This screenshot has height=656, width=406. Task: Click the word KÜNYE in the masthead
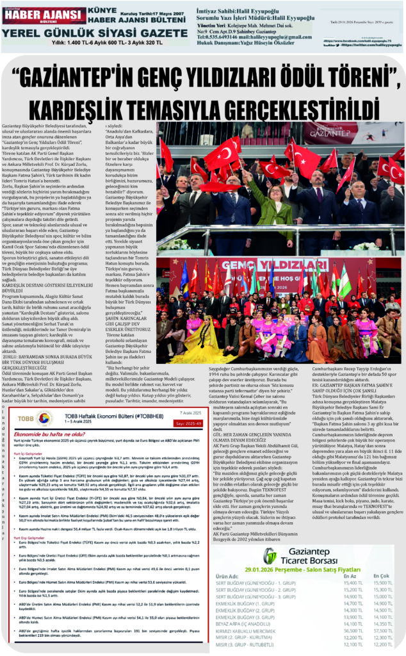tap(101, 11)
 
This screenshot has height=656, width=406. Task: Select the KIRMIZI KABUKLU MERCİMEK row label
tap(252, 632)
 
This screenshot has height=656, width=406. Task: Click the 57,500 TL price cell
tap(383, 632)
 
